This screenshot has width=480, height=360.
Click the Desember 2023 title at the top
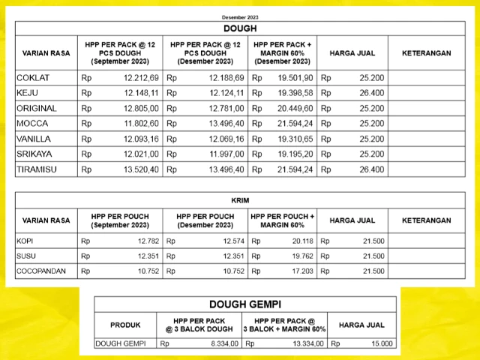tap(239, 16)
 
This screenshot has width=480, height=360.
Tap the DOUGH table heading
tap(239, 28)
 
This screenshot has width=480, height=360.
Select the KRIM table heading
tap(239, 201)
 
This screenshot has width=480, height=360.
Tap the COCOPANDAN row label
tap(41, 271)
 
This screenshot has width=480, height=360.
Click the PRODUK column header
tap(125, 325)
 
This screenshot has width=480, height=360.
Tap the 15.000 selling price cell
tap(381, 344)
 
